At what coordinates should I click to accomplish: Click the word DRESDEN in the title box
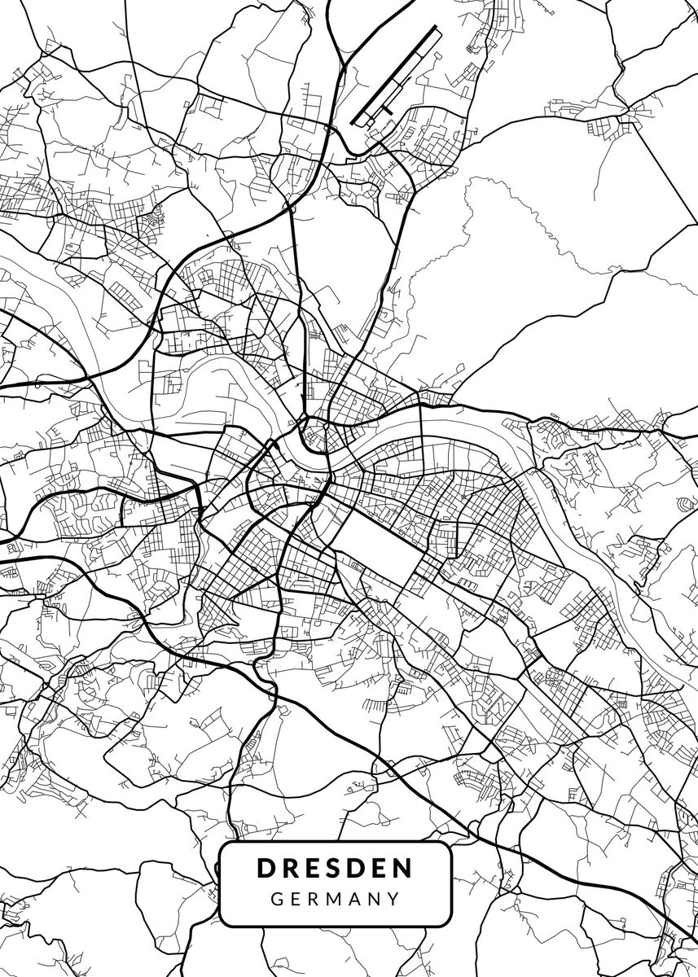tap(335, 868)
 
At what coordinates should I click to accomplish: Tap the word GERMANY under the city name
tap(335, 900)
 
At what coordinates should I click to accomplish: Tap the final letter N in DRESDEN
tap(402, 868)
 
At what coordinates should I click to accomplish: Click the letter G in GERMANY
tap(278, 900)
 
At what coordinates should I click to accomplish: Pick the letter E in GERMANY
tap(297, 900)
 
